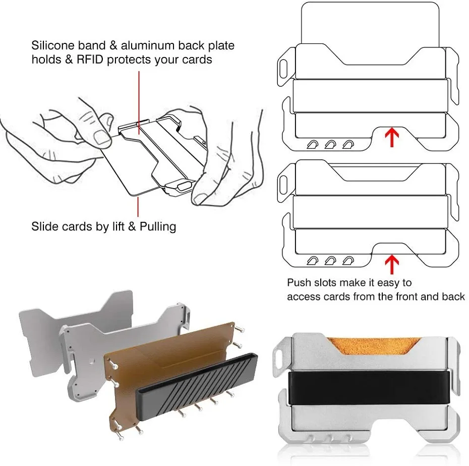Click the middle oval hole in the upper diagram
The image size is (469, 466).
click(330, 145)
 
